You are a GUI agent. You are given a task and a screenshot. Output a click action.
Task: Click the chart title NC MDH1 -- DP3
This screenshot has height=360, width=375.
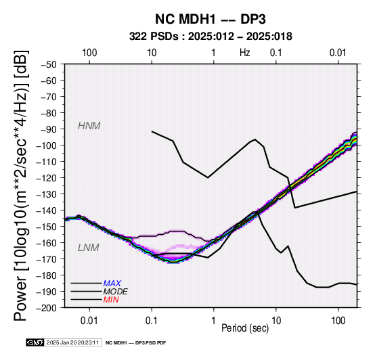click(211, 19)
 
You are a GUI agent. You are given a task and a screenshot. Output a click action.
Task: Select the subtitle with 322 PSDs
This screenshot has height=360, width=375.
click(211, 37)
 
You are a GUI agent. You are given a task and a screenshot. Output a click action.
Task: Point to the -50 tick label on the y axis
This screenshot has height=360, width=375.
click(48, 64)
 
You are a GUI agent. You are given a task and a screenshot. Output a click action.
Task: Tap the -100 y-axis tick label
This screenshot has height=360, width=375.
click(46, 145)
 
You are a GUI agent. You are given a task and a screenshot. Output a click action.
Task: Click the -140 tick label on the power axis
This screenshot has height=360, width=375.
click(46, 210)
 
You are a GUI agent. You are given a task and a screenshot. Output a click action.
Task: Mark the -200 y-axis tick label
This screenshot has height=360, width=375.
click(46, 308)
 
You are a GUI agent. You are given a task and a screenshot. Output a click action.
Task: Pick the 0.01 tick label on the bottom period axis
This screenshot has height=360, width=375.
click(89, 321)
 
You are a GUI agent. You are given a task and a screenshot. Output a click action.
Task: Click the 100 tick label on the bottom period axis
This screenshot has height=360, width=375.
click(338, 321)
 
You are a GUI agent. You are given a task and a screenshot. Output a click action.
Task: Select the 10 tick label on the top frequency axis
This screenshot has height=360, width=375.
click(152, 53)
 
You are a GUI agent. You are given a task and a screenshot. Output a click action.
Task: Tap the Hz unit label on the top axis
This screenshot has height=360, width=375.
click(245, 53)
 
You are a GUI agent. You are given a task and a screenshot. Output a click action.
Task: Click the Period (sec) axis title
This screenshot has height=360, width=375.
click(245, 328)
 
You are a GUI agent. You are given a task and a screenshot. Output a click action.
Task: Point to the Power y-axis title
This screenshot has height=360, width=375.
click(21, 185)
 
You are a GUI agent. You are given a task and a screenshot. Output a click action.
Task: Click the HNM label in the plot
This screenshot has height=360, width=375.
click(89, 126)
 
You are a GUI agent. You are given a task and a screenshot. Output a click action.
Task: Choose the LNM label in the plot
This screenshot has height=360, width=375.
click(88, 248)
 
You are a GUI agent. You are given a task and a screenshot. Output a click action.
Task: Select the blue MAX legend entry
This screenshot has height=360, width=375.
click(112, 284)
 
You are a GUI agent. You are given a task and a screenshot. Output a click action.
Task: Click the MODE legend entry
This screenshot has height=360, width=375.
click(115, 292)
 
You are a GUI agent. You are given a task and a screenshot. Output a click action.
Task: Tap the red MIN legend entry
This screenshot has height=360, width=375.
click(111, 300)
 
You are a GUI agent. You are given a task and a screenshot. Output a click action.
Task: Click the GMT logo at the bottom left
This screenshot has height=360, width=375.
click(35, 342)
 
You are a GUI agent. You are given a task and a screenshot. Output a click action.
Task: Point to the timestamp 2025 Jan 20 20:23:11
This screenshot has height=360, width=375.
click(72, 342)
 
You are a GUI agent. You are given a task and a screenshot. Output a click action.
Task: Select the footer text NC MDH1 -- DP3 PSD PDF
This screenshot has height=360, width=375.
click(135, 343)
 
